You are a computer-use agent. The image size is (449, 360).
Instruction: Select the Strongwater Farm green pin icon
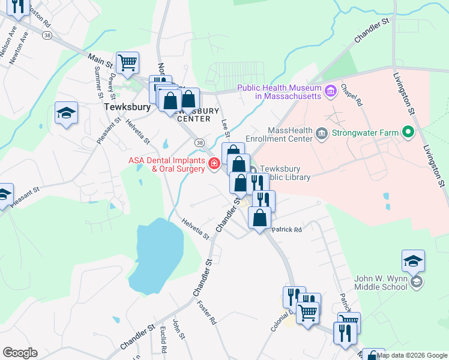point(409,131)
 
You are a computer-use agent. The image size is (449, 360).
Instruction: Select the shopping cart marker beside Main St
point(127,62)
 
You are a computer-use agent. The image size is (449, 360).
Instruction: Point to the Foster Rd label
point(206,313)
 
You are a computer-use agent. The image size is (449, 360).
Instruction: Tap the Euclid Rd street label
point(163,340)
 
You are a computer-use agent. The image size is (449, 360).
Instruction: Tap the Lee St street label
point(226,130)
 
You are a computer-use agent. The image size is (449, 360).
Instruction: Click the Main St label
point(100,59)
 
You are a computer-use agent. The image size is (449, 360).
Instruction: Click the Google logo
point(20,353)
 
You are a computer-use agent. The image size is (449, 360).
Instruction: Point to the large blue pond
point(155,253)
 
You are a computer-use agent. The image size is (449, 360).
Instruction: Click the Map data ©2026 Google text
point(412,355)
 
